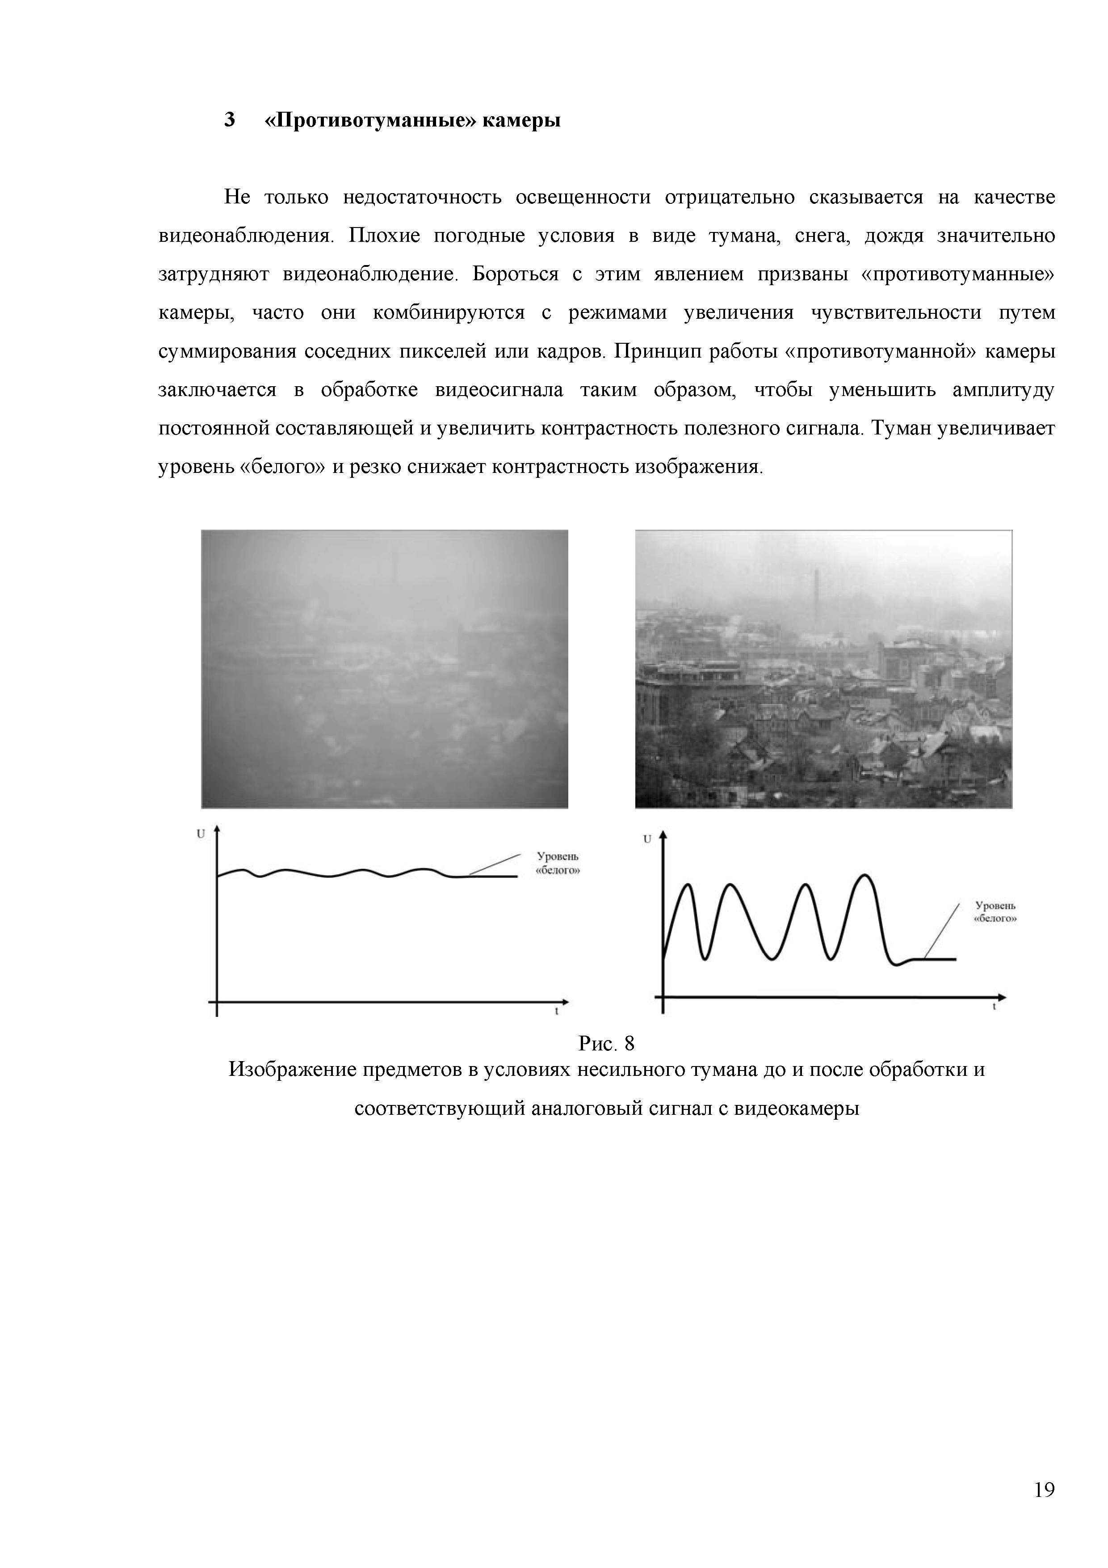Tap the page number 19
tap(1044, 1489)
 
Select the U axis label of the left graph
tap(201, 834)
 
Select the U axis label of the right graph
tap(647, 839)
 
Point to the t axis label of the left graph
tap(556, 1012)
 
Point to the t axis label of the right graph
tap(994, 1007)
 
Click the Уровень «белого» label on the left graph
tap(558, 863)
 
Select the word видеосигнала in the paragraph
tap(499, 390)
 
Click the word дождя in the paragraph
tap(893, 236)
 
